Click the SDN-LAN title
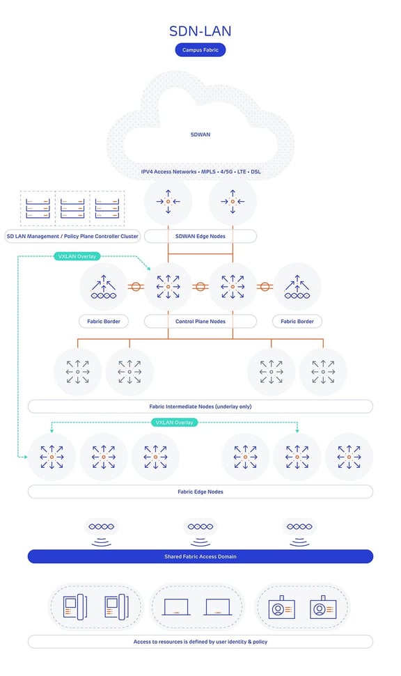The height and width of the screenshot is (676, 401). pos(200,31)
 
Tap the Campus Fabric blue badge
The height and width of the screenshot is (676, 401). pos(200,50)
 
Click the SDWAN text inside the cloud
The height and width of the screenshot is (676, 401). pos(200,134)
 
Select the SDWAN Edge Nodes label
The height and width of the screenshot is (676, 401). pos(200,236)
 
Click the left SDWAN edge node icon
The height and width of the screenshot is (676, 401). pos(168,202)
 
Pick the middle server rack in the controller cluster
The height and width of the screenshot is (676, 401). pos(73,207)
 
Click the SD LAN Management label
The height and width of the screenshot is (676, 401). pos(72,236)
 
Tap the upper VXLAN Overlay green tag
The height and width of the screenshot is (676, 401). pos(77,256)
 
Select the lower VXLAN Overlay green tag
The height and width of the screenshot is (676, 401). pos(174,422)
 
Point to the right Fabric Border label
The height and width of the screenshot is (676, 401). pos(297,322)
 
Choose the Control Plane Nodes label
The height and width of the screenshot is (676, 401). pos(200,322)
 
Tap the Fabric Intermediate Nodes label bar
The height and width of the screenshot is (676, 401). pos(200,406)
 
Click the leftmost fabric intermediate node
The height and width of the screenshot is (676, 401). pos(78,372)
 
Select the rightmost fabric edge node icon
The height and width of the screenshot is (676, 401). pos(349,457)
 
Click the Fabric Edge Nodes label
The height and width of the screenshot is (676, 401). pos(200,492)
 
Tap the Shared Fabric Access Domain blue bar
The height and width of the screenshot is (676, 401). pos(200,556)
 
